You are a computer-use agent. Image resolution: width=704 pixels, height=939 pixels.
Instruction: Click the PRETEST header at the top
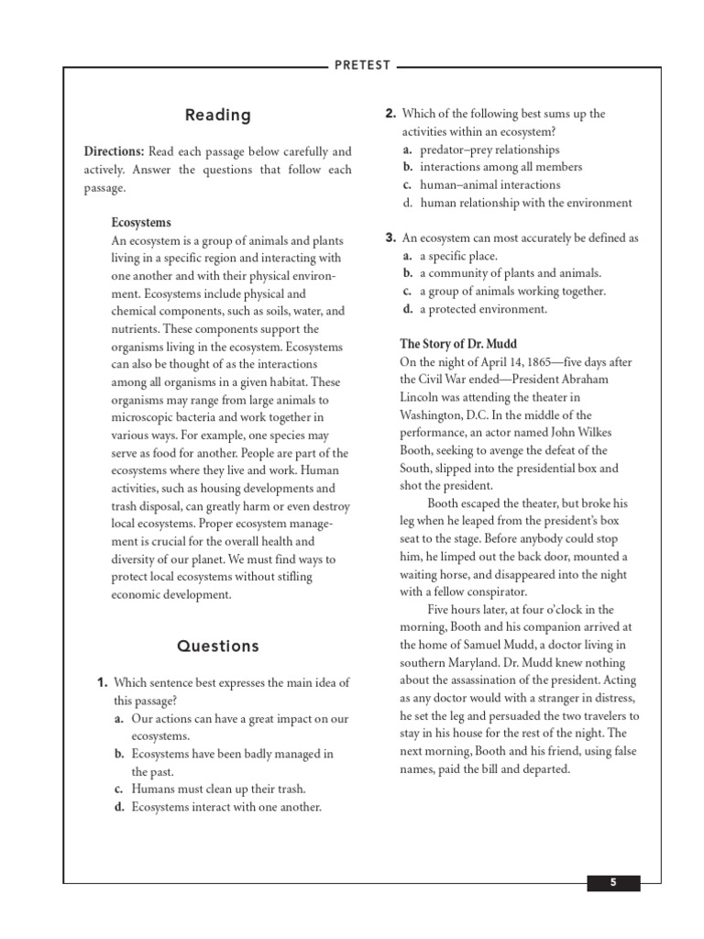click(x=362, y=65)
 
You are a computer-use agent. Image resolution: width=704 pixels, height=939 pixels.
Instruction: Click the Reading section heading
click(x=217, y=115)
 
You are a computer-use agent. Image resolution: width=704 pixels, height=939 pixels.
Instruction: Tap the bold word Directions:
click(x=115, y=151)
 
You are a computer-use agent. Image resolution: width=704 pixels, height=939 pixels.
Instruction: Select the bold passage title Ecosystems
click(x=141, y=223)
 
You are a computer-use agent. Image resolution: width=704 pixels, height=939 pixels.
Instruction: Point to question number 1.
click(x=103, y=683)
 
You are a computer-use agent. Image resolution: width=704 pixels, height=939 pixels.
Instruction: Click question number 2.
click(x=390, y=114)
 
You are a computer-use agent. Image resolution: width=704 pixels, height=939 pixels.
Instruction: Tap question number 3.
click(x=390, y=238)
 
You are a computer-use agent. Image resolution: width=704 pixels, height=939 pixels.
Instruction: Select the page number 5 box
click(x=613, y=882)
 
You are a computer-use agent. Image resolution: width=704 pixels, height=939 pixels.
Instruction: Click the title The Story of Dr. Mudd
click(x=456, y=344)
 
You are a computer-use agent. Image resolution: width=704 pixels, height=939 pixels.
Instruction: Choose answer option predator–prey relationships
click(x=489, y=149)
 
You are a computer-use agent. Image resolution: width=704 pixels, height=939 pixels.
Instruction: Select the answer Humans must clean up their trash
click(x=218, y=789)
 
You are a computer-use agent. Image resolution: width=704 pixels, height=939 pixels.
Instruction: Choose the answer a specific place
click(x=458, y=256)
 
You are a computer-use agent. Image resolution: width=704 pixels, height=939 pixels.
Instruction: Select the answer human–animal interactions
click(x=489, y=184)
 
